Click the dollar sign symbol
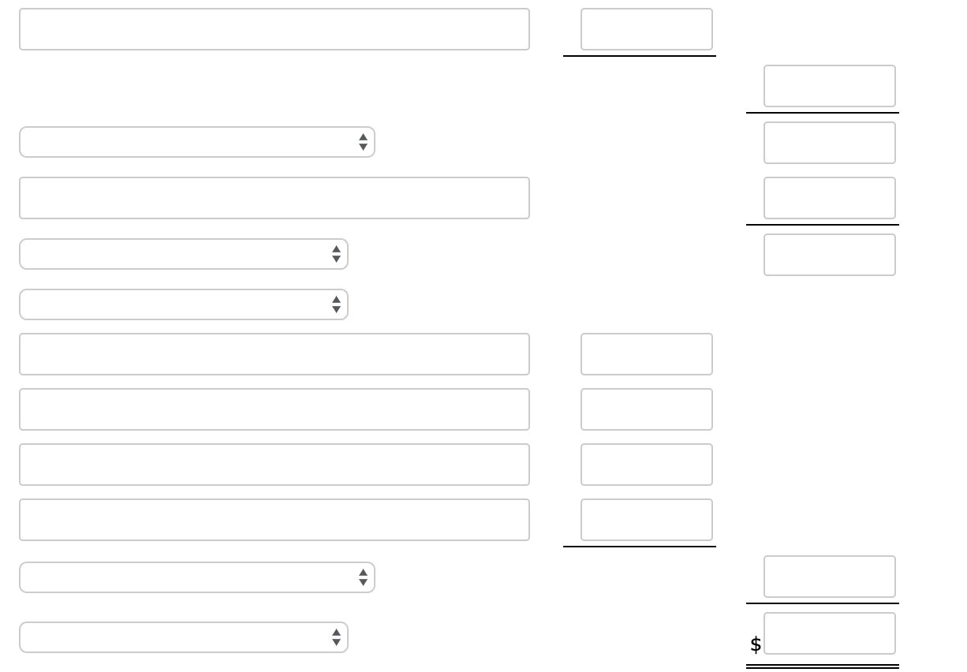[756, 645]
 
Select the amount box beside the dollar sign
[829, 633]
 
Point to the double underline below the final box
[822, 667]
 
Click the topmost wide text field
[274, 29]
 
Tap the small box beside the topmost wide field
[646, 29]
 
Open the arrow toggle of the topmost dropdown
[363, 142]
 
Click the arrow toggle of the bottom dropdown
[336, 637]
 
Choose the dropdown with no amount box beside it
[183, 304]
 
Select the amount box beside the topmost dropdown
[829, 143]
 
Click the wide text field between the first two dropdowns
[274, 198]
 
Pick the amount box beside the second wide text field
[829, 198]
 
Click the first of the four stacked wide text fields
[274, 354]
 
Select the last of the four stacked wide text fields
[274, 520]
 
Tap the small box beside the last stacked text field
[646, 520]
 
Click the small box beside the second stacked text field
[646, 409]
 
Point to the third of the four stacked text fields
[274, 465]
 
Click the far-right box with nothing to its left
[829, 86]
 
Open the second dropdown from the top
[183, 254]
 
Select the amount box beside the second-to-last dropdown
[829, 577]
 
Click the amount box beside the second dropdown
[829, 255]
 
